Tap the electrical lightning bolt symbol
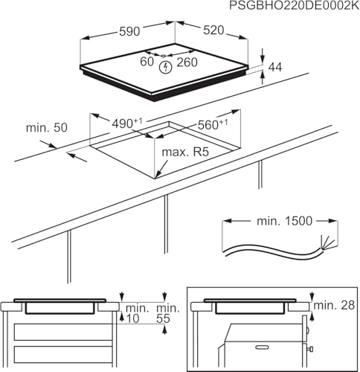(x=166, y=66)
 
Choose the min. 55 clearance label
(x=170, y=312)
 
